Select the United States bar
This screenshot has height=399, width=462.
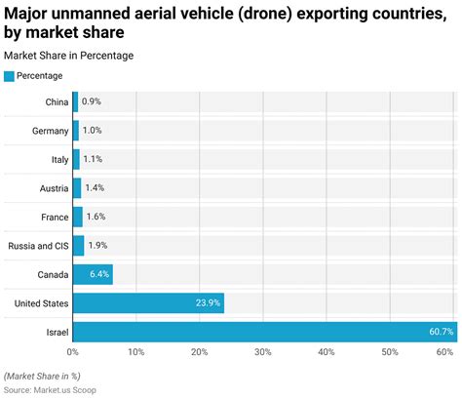pyautogui.click(x=146, y=302)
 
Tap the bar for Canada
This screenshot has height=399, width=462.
pyautogui.click(x=92, y=274)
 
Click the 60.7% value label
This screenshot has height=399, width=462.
pyautogui.click(x=440, y=332)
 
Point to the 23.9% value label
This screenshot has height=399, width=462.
pyautogui.click(x=208, y=303)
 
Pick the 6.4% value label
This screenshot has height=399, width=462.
pyautogui.click(x=98, y=274)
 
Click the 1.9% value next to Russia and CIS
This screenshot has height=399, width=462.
pyautogui.click(x=98, y=246)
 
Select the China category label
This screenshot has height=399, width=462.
pyautogui.click(x=57, y=102)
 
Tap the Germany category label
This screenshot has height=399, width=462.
pyautogui.click(x=49, y=131)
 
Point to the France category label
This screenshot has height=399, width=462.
pyautogui.click(x=54, y=217)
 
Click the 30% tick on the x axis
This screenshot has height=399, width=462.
pyautogui.click(x=263, y=351)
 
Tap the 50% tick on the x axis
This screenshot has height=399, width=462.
pyautogui.click(x=390, y=351)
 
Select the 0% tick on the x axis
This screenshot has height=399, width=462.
pyautogui.click(x=73, y=351)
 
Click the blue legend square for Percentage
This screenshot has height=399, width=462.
pyautogui.click(x=10, y=75)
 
